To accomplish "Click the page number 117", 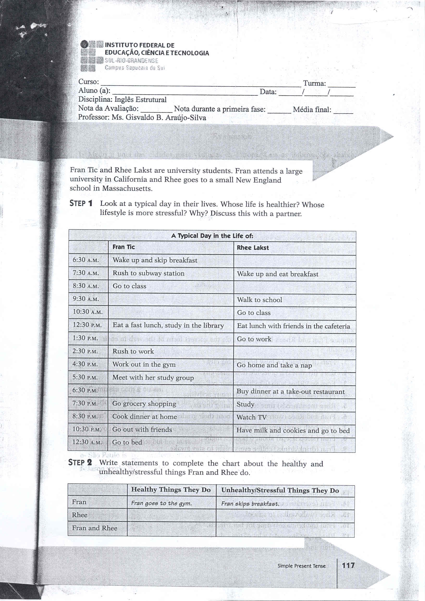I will tap(348, 565).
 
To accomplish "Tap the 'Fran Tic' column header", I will tap(124, 247).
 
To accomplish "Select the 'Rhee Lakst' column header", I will tap(252, 248).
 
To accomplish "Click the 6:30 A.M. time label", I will tap(85, 260).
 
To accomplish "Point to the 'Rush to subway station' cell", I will tap(148, 273).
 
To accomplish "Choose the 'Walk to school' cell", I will tap(259, 300).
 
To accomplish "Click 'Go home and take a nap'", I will tap(274, 365).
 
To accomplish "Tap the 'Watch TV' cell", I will tap(251, 417).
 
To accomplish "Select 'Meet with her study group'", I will tap(153, 377).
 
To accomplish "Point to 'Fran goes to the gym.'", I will tap(161, 503).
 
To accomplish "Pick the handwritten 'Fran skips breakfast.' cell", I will tap(250, 504).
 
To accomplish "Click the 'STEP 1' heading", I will tap(81, 203).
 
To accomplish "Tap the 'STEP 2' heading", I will tap(80, 463).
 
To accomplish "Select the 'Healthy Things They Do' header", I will tap(171, 490).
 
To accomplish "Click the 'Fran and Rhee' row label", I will tap(95, 528).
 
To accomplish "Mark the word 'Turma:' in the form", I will tap(314, 83).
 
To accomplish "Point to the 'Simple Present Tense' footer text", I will tap(301, 566).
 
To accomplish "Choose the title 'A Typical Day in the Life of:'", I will tap(212, 236).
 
